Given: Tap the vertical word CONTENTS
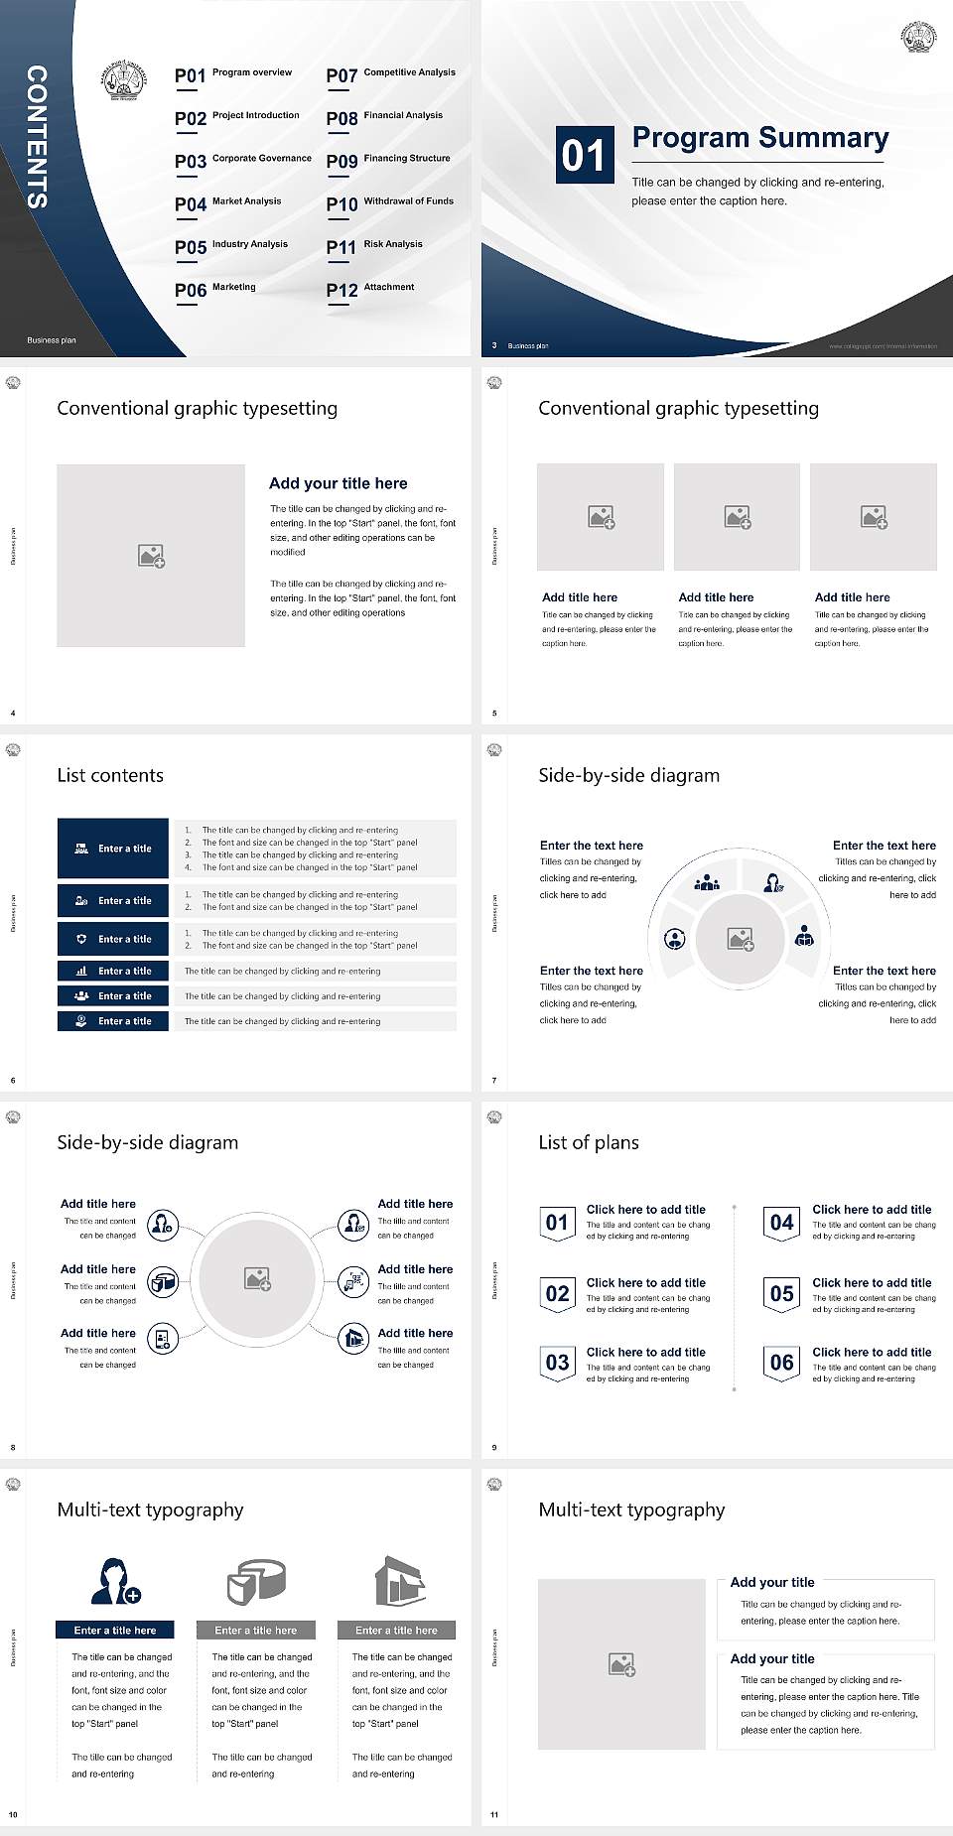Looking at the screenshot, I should tap(36, 137).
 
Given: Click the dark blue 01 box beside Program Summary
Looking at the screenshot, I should tap(583, 155).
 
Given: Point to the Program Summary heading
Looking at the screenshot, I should tap(759, 138).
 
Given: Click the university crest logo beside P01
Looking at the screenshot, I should tap(124, 79).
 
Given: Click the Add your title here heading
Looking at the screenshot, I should tap(338, 483).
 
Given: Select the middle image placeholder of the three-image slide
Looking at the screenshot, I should tap(737, 517).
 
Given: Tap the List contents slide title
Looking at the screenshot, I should tap(110, 775).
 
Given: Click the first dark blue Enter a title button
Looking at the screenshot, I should tap(113, 849).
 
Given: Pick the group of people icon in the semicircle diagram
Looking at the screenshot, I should tap(707, 881).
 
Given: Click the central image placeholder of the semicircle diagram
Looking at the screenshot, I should tap(741, 938).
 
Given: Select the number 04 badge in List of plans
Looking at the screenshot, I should tap(782, 1223).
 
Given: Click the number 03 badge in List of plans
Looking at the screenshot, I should tap(557, 1363).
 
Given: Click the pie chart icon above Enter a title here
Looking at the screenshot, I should tap(256, 1581).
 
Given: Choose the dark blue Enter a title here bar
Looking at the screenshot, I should tap(114, 1630).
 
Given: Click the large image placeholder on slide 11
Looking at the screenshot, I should tap(621, 1664).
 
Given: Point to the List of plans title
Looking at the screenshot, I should tap(589, 1142).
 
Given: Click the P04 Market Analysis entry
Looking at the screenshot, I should tap(228, 203).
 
